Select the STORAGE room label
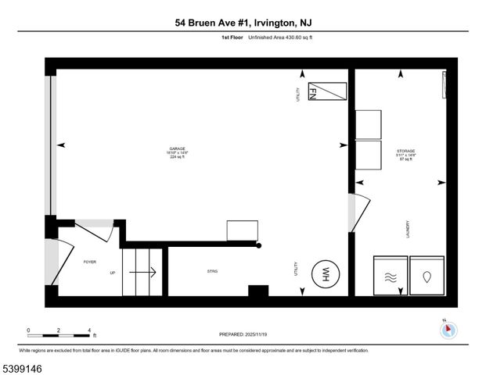coord(405,151)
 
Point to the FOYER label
coord(89,262)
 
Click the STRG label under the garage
coord(211,272)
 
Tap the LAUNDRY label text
coord(408,230)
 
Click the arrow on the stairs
coord(142,273)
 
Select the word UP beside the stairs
coord(112,273)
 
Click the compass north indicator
coord(447,330)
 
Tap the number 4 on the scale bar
coord(90,330)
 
